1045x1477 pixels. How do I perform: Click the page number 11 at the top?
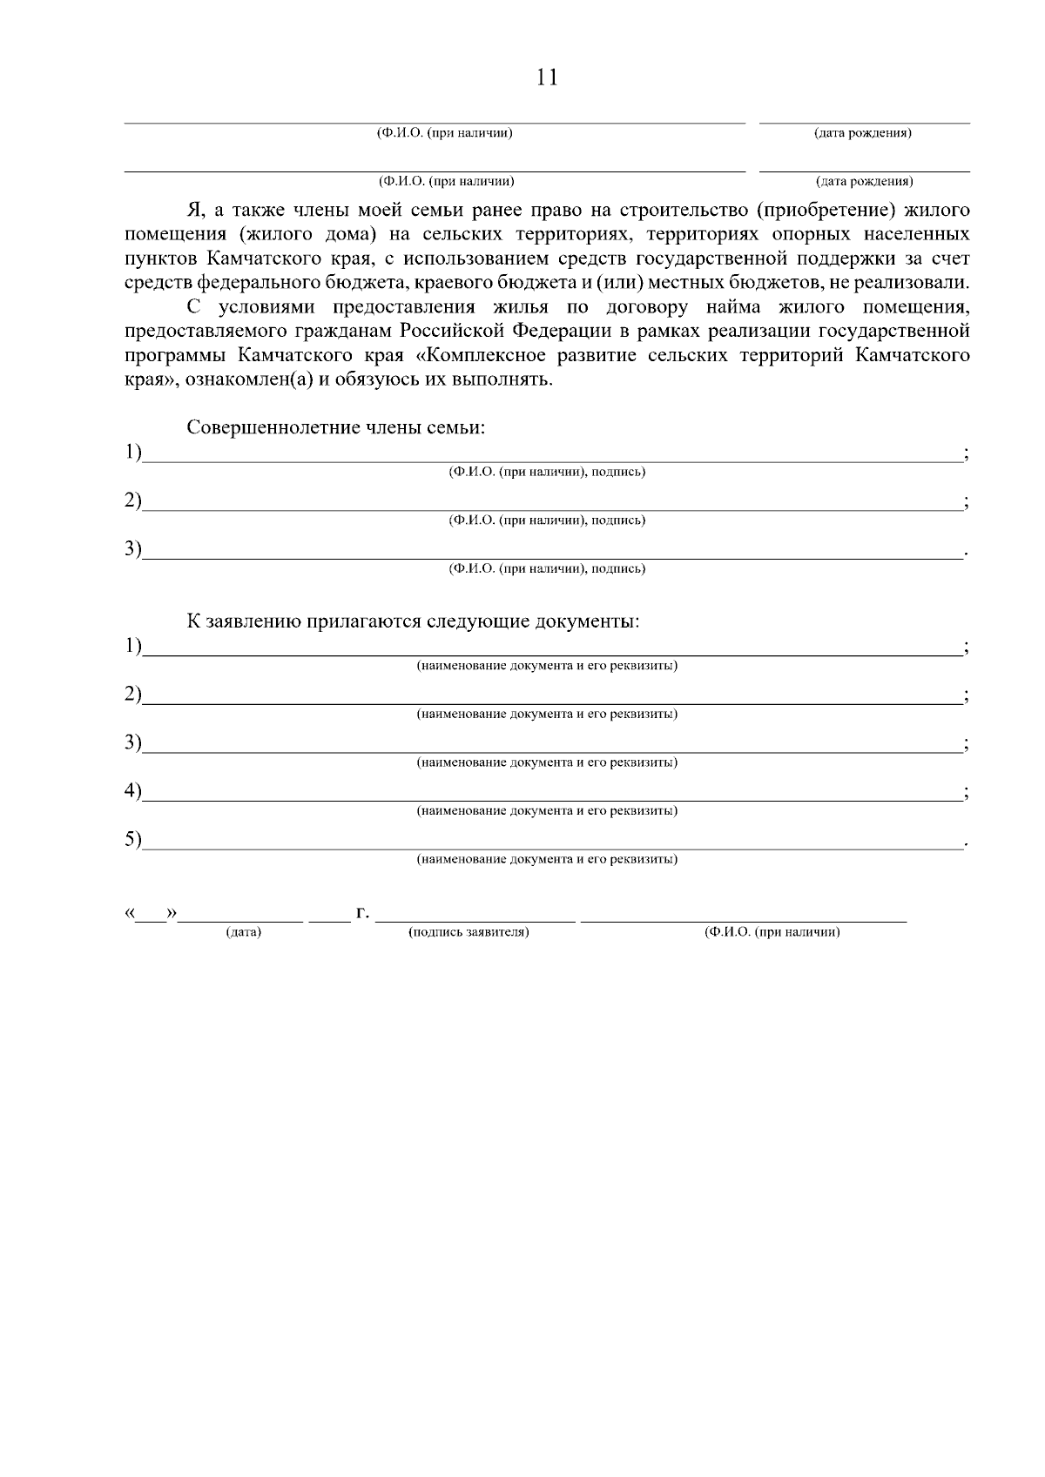tap(547, 77)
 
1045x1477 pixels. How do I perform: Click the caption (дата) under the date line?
tap(244, 932)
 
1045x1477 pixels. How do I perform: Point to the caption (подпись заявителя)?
tap(469, 932)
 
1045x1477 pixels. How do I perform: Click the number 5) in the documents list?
tap(132, 839)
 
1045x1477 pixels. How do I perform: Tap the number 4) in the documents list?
tap(132, 790)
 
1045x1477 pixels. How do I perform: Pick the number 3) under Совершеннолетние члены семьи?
tap(132, 548)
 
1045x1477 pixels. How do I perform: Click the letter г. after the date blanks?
tap(362, 913)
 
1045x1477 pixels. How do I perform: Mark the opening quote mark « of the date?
tap(130, 913)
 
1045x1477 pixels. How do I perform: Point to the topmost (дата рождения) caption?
tap(863, 133)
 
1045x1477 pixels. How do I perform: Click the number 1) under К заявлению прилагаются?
tap(132, 646)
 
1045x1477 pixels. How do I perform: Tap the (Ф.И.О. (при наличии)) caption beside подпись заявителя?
tap(772, 932)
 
